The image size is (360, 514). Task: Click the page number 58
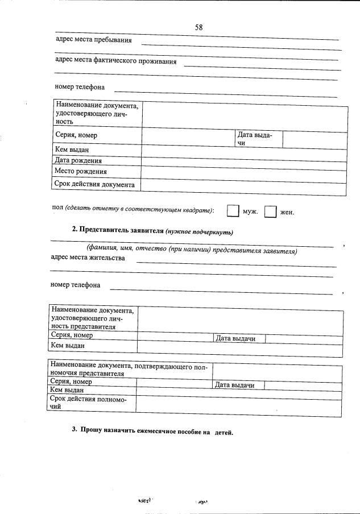[x=199, y=27]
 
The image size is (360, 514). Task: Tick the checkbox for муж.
[x=232, y=211]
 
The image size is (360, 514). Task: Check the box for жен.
[x=270, y=211]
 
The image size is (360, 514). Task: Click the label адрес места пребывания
[x=94, y=40]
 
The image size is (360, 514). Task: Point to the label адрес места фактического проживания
[x=115, y=61]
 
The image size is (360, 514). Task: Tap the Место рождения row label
[x=81, y=171]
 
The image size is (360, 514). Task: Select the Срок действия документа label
[x=94, y=185]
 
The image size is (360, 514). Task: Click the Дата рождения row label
[x=78, y=160]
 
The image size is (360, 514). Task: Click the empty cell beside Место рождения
[x=243, y=171]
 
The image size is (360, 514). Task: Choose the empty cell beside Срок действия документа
[x=243, y=185]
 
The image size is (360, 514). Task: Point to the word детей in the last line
[x=224, y=432]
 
